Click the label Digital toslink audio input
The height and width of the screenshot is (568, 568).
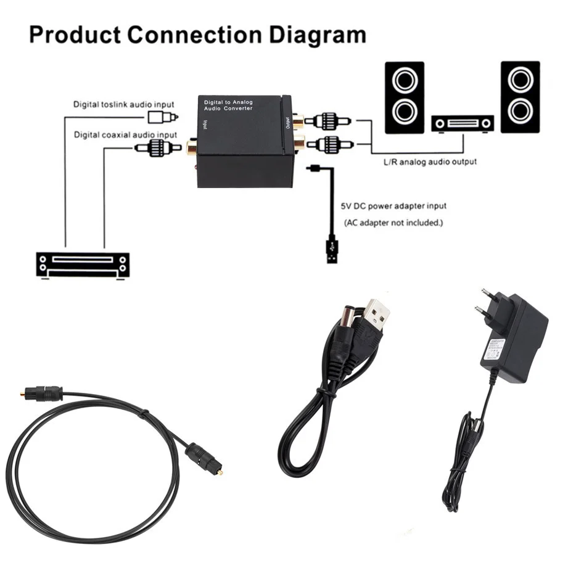click(x=124, y=104)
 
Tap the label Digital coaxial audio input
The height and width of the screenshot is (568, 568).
click(x=126, y=134)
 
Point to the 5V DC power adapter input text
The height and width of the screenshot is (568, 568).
click(x=393, y=206)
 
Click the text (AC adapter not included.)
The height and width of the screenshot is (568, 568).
click(x=393, y=222)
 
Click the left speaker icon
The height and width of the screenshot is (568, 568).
click(x=404, y=97)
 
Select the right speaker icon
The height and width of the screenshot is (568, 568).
click(x=520, y=97)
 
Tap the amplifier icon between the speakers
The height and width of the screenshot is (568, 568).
click(x=463, y=123)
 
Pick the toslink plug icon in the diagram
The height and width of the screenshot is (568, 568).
click(x=163, y=117)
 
